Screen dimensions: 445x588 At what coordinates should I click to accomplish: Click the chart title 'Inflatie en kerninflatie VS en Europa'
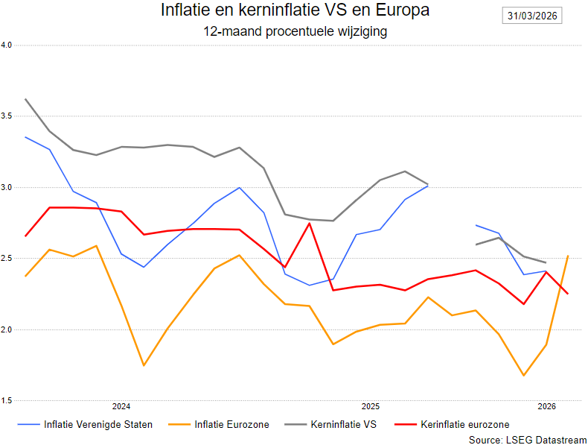tap(295, 11)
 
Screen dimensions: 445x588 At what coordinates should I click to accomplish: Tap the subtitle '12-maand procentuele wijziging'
tap(295, 32)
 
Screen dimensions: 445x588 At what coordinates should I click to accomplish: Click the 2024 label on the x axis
tap(121, 406)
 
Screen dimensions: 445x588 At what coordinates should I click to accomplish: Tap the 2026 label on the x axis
tap(547, 406)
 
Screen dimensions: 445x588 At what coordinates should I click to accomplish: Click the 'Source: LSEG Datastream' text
tap(528, 441)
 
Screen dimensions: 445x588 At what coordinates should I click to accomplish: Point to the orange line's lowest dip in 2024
tap(144, 365)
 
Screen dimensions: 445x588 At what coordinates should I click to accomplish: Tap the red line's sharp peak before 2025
tap(309, 224)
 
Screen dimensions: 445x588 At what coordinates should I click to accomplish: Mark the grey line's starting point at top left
tap(26, 99)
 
